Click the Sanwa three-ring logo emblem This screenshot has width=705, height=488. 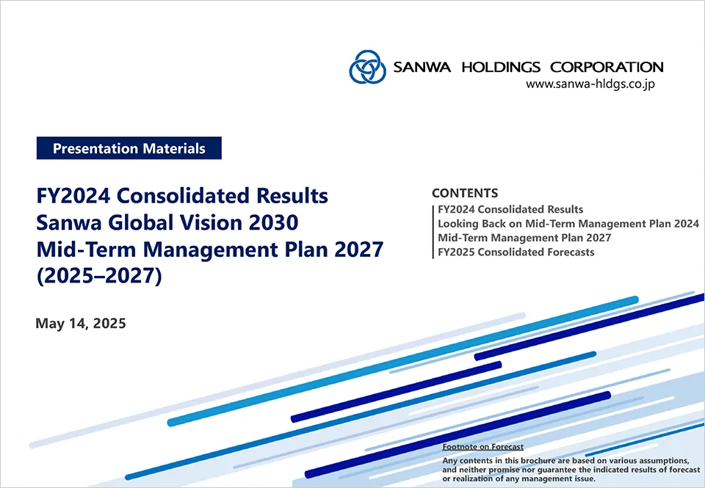point(367,67)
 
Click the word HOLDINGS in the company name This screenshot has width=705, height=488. point(501,67)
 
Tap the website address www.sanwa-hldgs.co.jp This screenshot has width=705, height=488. point(590,84)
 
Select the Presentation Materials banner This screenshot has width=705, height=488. point(129,148)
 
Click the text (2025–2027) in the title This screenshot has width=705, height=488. point(99,276)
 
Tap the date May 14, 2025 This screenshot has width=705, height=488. point(81,324)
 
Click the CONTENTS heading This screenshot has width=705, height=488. point(465,193)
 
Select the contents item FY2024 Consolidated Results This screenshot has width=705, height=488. point(510,209)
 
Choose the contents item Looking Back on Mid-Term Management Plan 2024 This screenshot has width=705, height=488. point(568,224)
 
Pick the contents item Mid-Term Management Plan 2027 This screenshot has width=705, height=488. point(524,238)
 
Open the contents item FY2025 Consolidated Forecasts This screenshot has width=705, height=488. point(516,252)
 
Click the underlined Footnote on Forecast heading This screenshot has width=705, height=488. point(483,447)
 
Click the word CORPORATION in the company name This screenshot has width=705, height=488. point(607,67)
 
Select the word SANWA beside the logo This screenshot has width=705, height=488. point(422,67)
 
